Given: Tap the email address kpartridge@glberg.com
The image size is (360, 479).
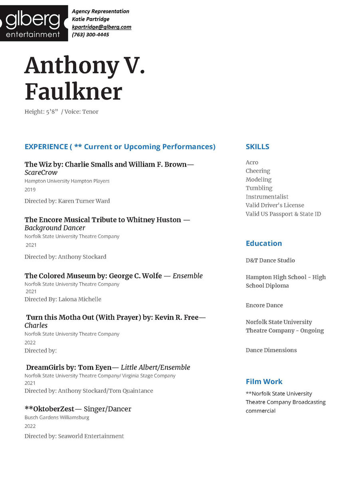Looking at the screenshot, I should [101, 27].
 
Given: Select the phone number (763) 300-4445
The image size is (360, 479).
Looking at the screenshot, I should [90, 34].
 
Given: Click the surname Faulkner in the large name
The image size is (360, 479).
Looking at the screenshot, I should [73, 92].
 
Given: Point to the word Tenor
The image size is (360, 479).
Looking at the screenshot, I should [90, 112].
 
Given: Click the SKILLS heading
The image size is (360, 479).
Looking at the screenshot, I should [257, 146].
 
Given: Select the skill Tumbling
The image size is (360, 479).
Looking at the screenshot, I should [259, 188].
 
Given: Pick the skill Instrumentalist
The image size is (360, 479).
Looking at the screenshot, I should [267, 197].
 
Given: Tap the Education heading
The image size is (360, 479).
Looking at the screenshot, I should [264, 243].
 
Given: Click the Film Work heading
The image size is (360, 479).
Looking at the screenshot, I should [264, 382].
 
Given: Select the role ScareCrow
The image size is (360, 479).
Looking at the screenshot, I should [41, 173].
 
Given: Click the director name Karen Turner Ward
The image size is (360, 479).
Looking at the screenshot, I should [84, 201].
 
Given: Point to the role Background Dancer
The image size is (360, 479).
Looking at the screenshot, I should [55, 228].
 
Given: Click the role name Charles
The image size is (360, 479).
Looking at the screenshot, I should [36, 325].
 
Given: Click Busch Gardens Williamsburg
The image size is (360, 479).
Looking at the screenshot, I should [57, 418].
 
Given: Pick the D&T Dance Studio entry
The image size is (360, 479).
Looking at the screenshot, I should [270, 260].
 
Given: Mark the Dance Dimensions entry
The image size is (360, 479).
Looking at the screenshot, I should [271, 350].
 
